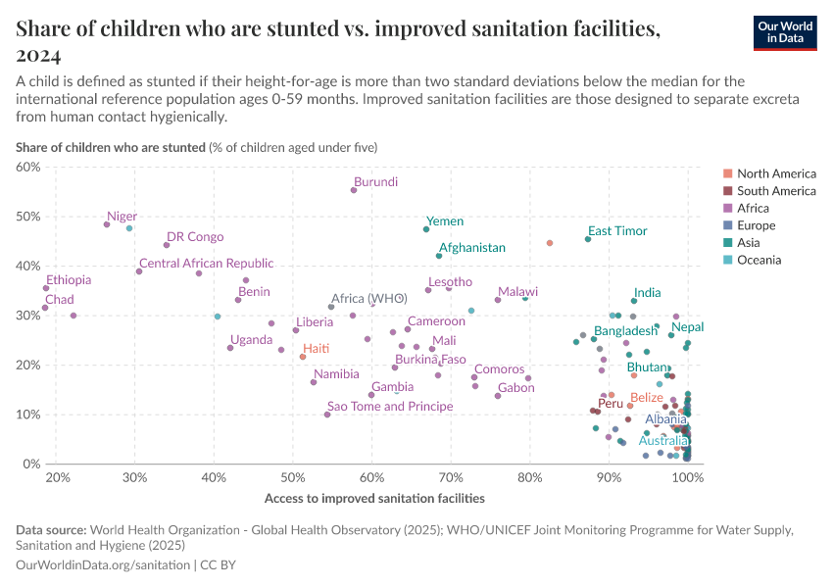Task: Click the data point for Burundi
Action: pos(354,190)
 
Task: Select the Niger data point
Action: pos(107,224)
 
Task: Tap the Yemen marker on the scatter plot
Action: pos(426,229)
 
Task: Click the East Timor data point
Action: pos(588,239)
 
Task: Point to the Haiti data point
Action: pos(303,357)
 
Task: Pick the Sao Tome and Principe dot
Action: pos(327,415)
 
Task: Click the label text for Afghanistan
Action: pos(472,248)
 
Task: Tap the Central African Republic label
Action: pos(206,264)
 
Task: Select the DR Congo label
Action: pos(195,237)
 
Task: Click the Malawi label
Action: pos(517,292)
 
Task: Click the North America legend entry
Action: pos(775,173)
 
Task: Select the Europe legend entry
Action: pos(757,225)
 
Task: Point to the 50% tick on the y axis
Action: pos(29,217)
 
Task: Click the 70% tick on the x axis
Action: pos(450,477)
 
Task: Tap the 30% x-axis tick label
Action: pos(135,477)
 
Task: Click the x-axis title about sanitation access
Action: pos(374,498)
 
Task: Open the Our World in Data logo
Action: pos(784,32)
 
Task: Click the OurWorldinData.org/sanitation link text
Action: pos(104,565)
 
